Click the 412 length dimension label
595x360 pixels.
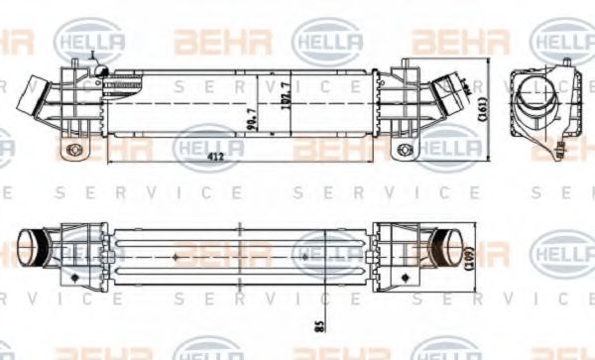pos(242,157)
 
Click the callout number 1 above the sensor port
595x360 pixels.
pos(90,54)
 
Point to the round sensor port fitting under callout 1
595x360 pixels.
pos(102,70)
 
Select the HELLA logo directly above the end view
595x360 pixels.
pos(561,41)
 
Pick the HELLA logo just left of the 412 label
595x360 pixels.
pos(207,147)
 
